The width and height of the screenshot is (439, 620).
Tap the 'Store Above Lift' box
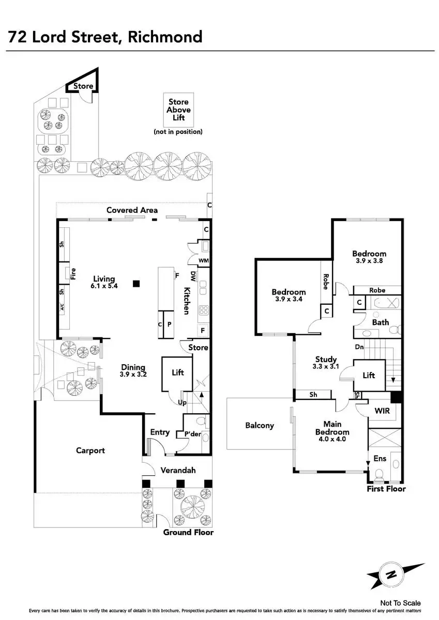pos(178,110)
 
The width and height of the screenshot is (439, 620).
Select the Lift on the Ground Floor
pos(177,373)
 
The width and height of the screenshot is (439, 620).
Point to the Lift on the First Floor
pos(369,376)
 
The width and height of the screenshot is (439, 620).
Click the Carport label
pos(90,451)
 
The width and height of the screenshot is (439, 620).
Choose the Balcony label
pos(259,426)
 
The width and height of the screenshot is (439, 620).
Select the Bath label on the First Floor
pos(381,322)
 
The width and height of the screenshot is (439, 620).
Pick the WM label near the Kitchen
pos(203,260)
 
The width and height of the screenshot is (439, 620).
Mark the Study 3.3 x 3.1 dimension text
pos(326,366)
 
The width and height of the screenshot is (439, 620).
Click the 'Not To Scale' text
pos(400,603)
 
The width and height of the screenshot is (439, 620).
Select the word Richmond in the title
pos(166,37)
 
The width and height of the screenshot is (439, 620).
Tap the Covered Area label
pos(132,210)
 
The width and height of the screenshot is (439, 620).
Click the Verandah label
pos(177,470)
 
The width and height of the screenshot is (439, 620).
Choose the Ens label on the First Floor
pos(380,458)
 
